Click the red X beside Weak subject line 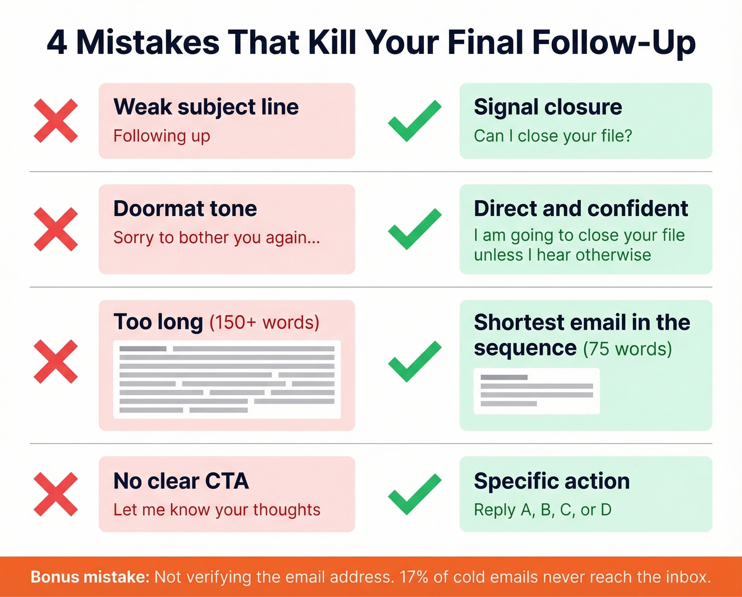(56, 121)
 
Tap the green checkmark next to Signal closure (414, 121)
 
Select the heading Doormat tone (185, 209)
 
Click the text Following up (162, 136)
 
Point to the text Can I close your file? (553, 136)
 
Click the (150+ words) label (264, 323)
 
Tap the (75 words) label (628, 349)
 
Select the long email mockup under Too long (227, 379)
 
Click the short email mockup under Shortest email (536, 391)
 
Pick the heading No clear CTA (181, 481)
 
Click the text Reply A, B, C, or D (543, 510)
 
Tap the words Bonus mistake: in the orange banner (90, 577)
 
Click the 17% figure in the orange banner (414, 577)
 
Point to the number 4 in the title (57, 42)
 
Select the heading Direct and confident (581, 209)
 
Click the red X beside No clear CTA (56, 494)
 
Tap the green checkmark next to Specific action (414, 494)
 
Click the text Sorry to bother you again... (216, 238)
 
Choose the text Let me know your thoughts (217, 510)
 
